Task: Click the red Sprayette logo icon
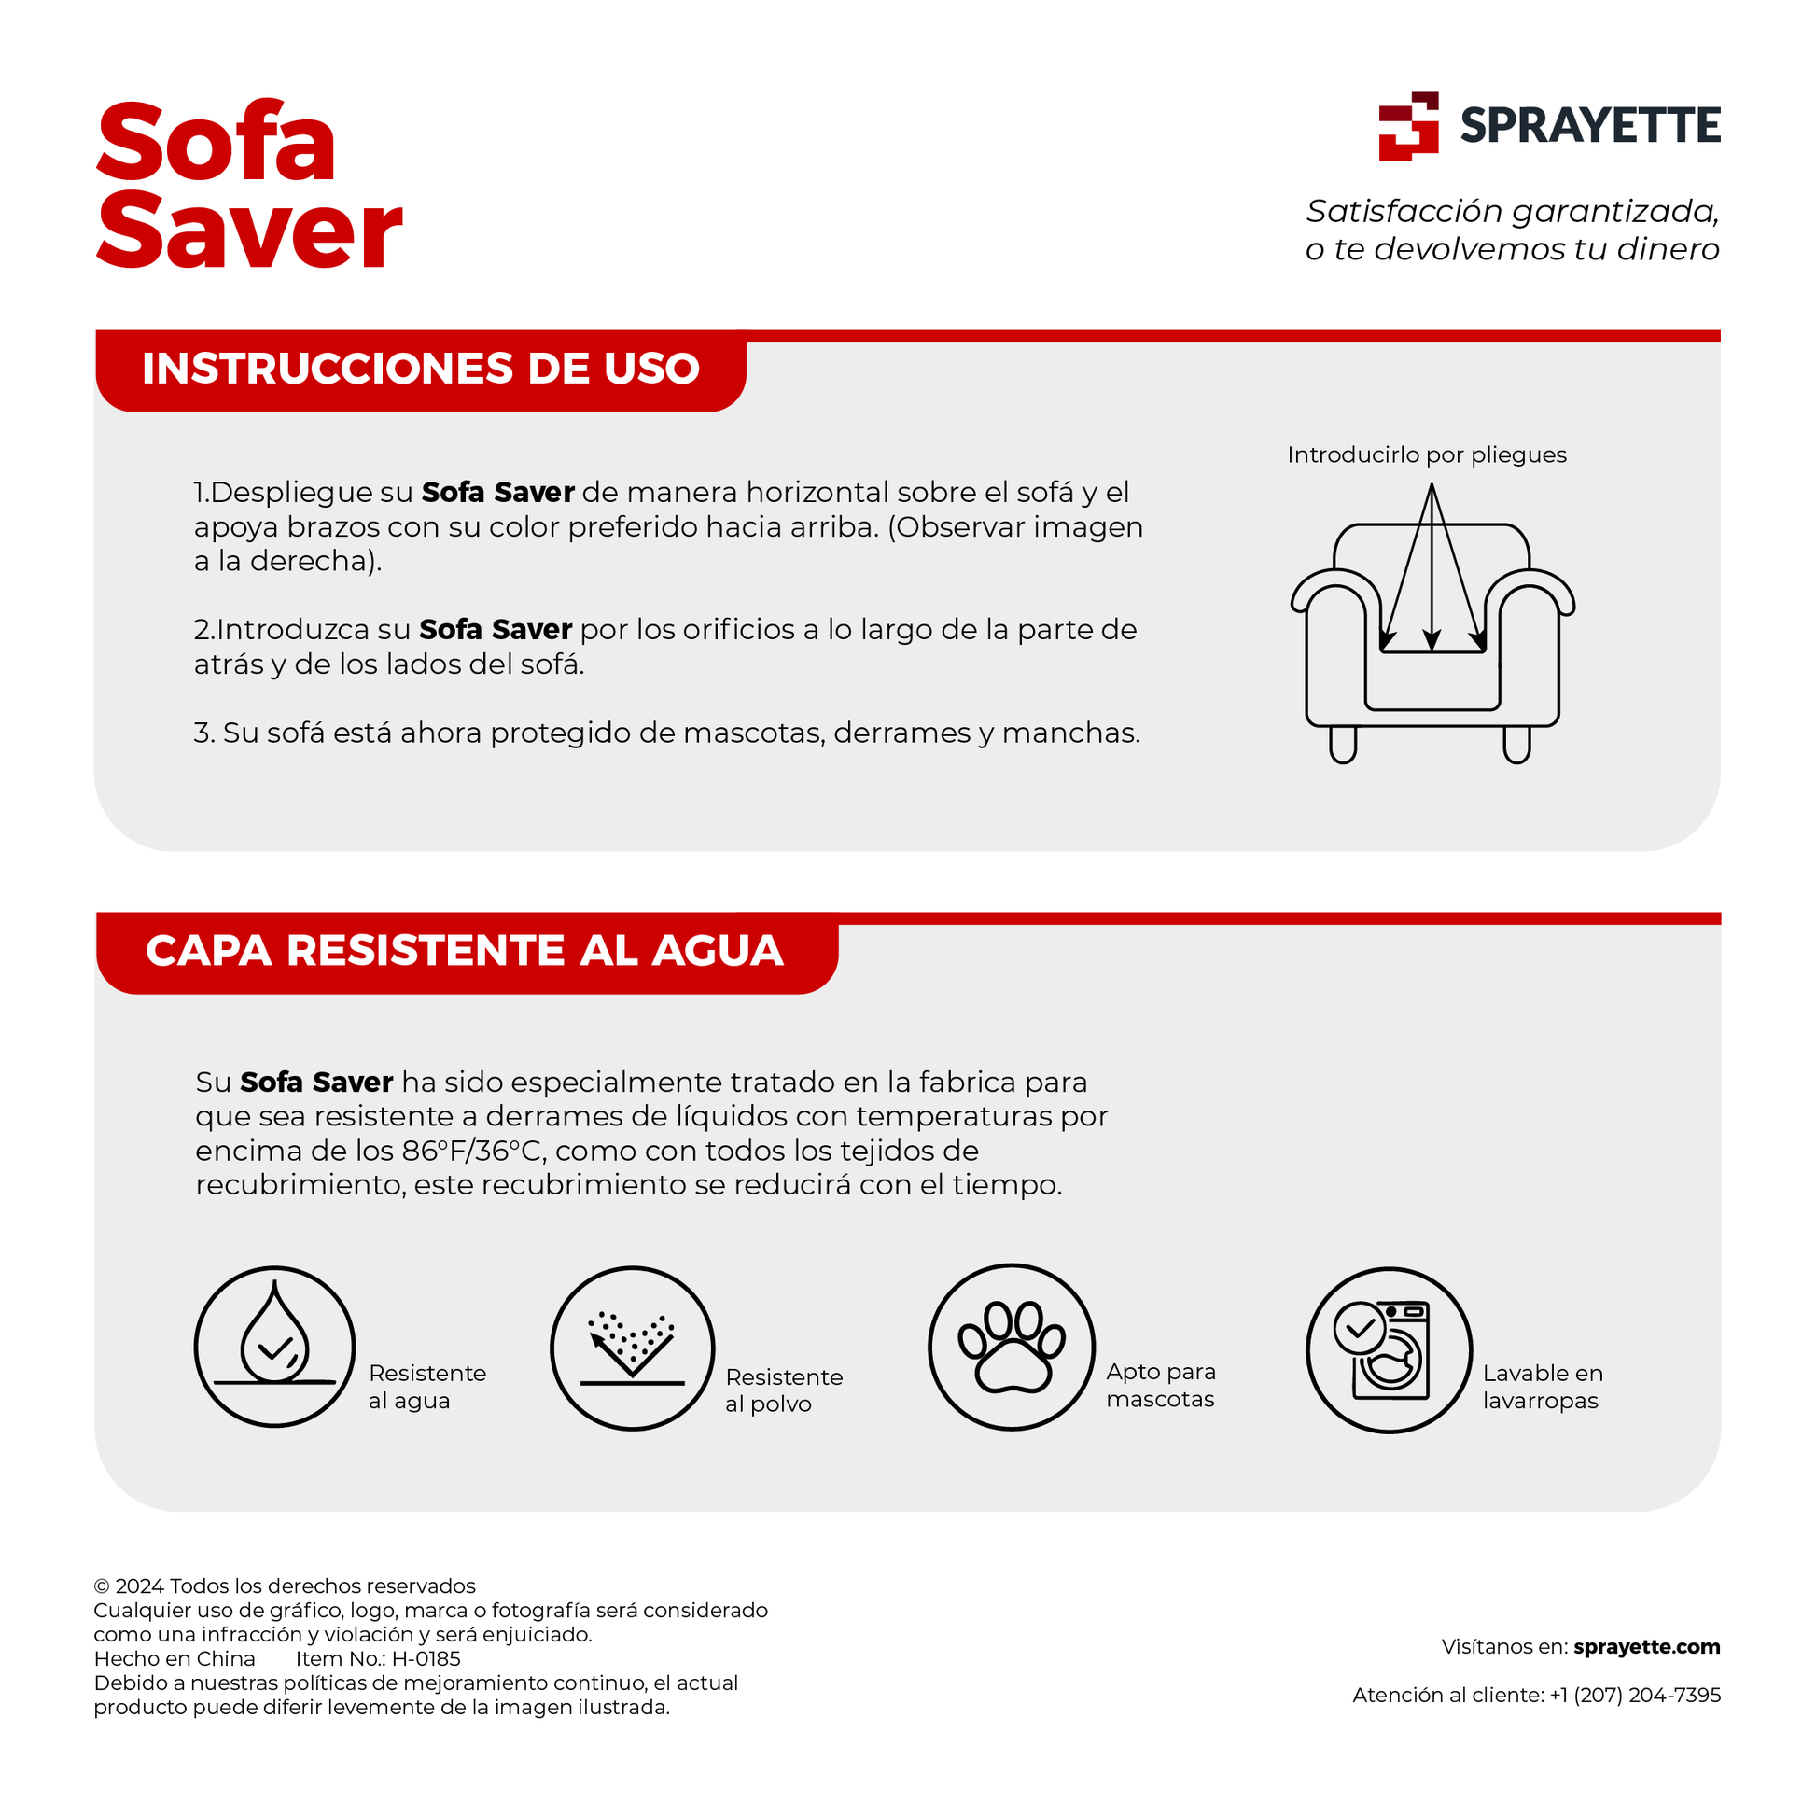[1408, 126]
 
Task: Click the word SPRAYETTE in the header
[1589, 126]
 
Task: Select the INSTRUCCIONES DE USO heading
[420, 369]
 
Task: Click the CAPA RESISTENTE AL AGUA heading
[465, 950]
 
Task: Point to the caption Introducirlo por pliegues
[1427, 455]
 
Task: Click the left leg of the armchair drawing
[1343, 745]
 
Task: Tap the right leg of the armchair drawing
[1516, 745]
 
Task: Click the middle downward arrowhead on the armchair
[1432, 641]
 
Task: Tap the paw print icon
[1012, 1347]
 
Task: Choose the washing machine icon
[1389, 1349]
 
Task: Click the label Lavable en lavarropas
[1543, 1387]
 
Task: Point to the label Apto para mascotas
[1161, 1385]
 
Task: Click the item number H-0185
[426, 1659]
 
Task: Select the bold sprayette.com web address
[1646, 1647]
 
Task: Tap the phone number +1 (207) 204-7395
[1635, 1695]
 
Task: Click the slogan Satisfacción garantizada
[1513, 212]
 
